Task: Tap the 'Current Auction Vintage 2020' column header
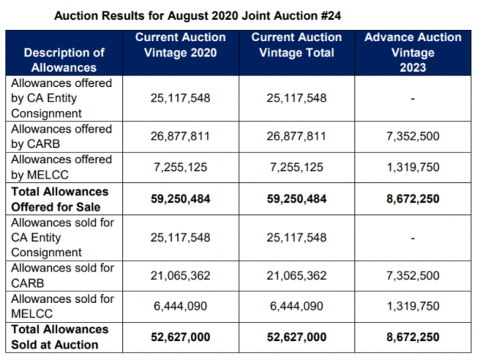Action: tap(181, 44)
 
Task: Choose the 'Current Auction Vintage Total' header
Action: tap(296, 44)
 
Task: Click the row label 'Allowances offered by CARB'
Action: tap(61, 136)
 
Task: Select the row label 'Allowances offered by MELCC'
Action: tap(61, 166)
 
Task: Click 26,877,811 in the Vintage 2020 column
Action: tap(181, 137)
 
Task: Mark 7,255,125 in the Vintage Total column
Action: tap(296, 167)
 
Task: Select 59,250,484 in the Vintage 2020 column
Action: tap(181, 198)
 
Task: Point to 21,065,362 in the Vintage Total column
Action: tap(296, 275)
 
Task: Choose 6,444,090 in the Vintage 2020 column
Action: tap(181, 306)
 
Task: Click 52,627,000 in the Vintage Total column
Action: tap(296, 337)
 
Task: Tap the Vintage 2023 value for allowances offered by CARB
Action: tap(413, 137)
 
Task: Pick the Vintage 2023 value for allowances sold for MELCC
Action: tap(413, 306)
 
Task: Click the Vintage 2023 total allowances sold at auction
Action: tap(413, 337)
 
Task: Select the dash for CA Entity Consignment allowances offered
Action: tap(413, 98)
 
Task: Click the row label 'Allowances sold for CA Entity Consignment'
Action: tap(61, 236)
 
